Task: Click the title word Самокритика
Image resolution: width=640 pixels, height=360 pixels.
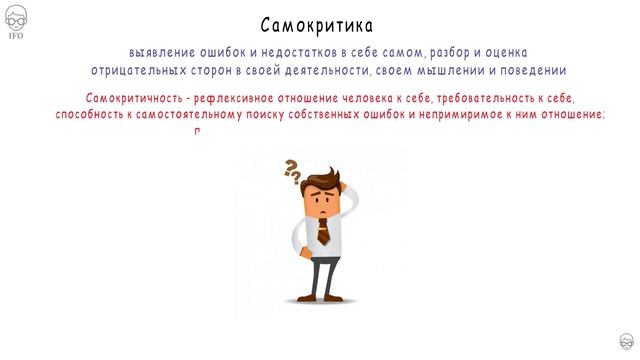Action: point(319,24)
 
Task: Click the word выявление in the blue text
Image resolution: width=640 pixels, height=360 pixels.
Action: point(159,52)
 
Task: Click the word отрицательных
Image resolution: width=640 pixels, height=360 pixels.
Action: point(137,70)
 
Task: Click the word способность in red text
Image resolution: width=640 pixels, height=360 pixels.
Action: point(90,115)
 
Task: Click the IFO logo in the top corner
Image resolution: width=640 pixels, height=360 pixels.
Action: point(16,17)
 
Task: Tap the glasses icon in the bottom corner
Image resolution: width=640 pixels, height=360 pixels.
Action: point(625,342)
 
